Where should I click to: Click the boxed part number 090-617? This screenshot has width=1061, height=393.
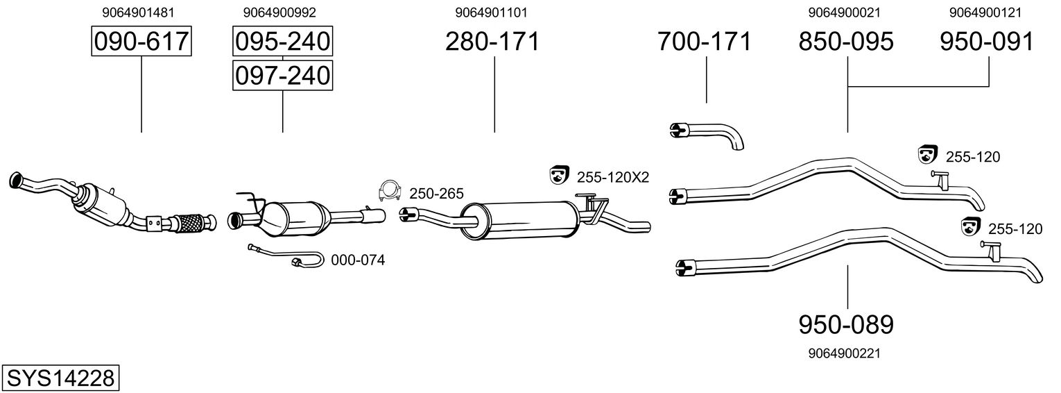point(141,41)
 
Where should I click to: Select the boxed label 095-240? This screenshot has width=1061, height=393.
point(282,41)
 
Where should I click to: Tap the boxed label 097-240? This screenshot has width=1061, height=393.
point(282,75)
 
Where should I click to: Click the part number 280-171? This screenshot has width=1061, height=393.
point(492,41)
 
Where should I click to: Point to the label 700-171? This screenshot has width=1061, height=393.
point(704,41)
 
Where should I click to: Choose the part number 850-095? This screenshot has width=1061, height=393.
point(846,41)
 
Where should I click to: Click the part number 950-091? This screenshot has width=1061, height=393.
point(987,41)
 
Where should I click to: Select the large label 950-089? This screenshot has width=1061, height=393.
point(846,324)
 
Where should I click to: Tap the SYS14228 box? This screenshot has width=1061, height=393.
point(60,378)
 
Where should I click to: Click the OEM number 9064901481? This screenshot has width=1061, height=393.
point(138,12)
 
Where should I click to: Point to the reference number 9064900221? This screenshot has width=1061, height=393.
point(845,353)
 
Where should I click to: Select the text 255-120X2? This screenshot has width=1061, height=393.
point(612,177)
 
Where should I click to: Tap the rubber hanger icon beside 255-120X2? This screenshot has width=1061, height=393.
point(559,175)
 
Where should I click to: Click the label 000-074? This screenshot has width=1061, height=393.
point(358,260)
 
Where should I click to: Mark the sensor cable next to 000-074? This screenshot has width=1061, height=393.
point(286,256)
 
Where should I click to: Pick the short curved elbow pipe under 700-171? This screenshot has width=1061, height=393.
point(707,135)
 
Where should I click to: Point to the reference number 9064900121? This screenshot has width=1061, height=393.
point(985,12)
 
